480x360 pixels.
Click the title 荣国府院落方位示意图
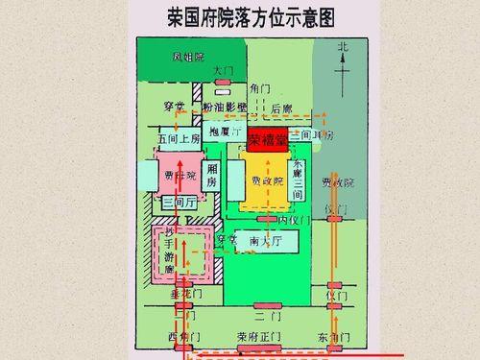click(240, 18)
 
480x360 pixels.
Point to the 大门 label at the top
click(223, 70)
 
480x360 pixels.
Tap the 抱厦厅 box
click(224, 132)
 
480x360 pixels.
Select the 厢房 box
click(213, 177)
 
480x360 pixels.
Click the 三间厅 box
click(180, 204)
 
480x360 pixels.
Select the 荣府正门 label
click(260, 337)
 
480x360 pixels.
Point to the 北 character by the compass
click(343, 46)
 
